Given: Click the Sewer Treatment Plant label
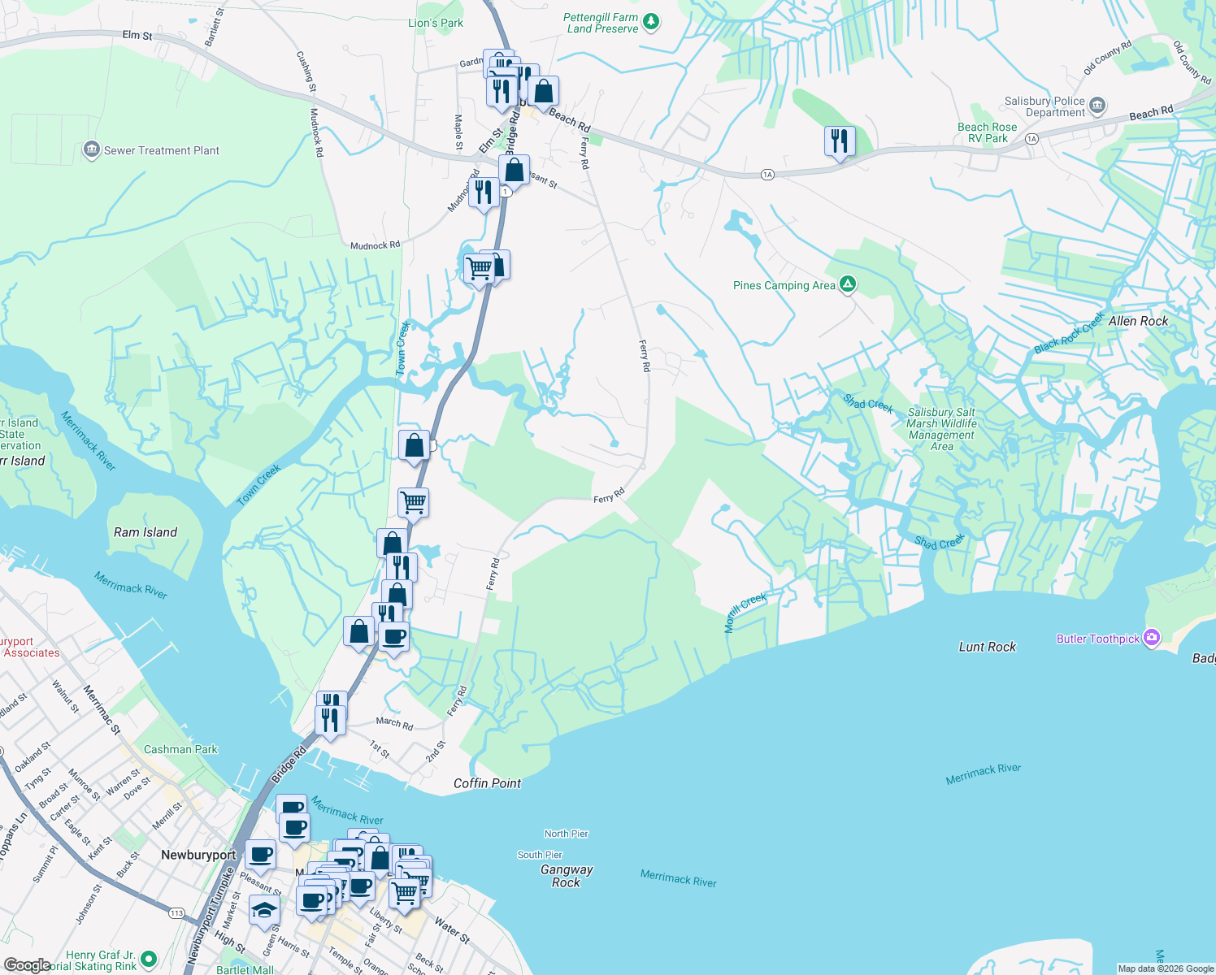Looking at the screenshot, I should click(161, 150).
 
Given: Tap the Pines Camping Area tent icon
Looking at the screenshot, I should click(848, 284).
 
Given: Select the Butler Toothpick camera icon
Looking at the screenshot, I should click(1152, 638).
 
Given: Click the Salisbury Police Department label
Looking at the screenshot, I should click(1044, 106).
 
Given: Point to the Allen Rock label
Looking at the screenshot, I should click(1138, 321).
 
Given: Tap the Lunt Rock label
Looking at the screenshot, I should click(987, 647).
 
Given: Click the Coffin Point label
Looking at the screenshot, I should click(487, 783).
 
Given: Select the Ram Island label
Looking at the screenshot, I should click(145, 532).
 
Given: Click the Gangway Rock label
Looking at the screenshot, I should click(567, 876).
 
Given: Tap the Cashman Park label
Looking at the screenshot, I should click(180, 749).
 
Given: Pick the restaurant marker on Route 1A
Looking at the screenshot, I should click(839, 141).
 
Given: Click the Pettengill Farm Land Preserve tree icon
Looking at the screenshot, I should click(650, 22).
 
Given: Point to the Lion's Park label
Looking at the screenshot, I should click(435, 23).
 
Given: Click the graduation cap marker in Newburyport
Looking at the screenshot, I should click(264, 911).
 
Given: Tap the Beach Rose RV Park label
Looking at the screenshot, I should click(987, 132).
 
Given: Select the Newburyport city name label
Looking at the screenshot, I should click(198, 855).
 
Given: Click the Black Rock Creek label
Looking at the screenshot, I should click(1069, 333).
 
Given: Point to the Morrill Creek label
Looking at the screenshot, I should click(745, 613).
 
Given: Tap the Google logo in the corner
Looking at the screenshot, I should click(27, 965).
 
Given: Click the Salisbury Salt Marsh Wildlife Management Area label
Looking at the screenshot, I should click(941, 429).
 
